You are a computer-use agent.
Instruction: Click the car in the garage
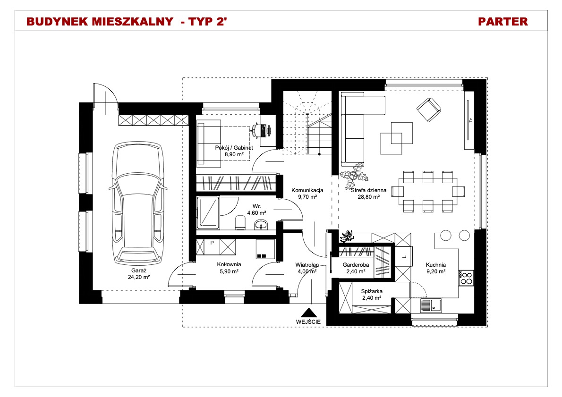tap(138, 203)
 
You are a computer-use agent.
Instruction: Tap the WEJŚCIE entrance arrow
tap(308, 313)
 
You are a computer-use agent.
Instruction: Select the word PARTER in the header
tap(503, 22)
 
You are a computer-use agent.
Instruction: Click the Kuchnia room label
tap(436, 265)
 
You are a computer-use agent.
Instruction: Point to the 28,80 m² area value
tap(369, 197)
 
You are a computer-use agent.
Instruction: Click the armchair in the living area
tap(429, 110)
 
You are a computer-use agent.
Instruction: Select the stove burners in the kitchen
tap(466, 278)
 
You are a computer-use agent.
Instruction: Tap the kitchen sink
tap(431, 305)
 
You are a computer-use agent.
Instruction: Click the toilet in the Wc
tap(240, 223)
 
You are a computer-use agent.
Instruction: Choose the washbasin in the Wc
tap(261, 225)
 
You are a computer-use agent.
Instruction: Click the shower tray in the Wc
tap(208, 212)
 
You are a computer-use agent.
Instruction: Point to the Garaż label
tap(138, 270)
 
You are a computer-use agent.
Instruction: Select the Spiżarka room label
tap(372, 291)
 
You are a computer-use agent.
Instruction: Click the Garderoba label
tap(356, 265)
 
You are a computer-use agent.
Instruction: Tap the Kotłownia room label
tap(229, 264)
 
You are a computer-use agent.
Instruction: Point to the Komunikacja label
tap(307, 190)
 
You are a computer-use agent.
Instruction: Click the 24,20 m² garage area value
tap(139, 277)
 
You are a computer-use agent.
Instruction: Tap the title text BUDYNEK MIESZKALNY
tap(100, 22)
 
